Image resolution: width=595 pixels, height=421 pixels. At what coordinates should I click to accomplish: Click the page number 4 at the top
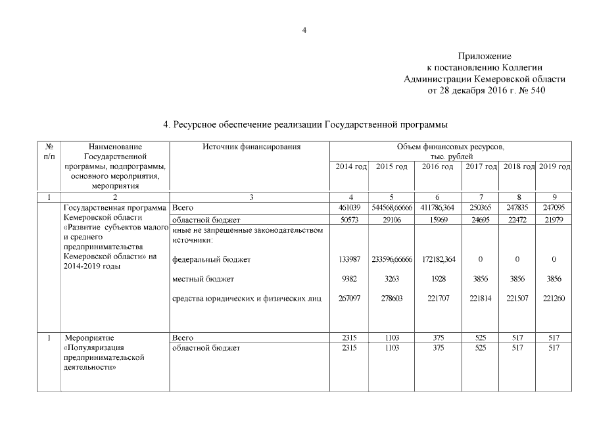[304, 30]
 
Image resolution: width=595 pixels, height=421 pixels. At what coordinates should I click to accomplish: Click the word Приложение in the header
[485, 57]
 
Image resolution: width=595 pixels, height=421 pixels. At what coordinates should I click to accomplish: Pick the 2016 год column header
[437, 167]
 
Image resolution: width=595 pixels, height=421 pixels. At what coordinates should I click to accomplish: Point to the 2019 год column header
[554, 167]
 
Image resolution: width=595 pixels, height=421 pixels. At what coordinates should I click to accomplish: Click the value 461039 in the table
[348, 208]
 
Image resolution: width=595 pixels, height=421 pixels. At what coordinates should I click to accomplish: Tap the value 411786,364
[437, 208]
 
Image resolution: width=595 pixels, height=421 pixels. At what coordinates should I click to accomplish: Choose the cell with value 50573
[348, 219]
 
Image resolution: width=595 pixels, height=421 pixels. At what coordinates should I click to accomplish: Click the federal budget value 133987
[348, 260]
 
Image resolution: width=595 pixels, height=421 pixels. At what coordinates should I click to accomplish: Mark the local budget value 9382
[348, 280]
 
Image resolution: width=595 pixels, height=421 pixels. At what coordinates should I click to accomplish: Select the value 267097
[348, 299]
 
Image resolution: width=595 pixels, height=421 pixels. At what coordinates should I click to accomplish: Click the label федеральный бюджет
[211, 260]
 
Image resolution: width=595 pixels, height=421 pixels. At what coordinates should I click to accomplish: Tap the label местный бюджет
[203, 280]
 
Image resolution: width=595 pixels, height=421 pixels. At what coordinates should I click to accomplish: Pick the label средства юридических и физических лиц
[247, 299]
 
